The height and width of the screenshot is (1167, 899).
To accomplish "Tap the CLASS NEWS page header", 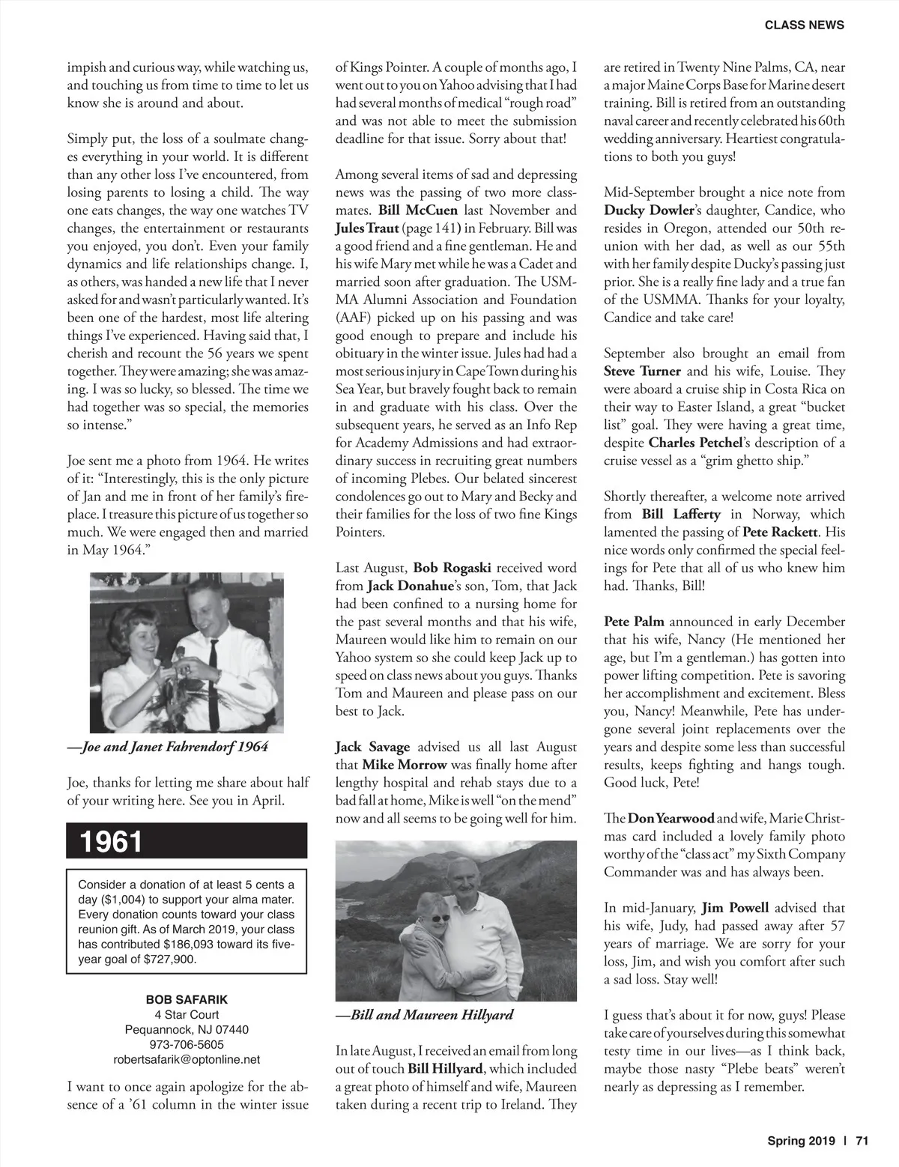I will click(804, 25).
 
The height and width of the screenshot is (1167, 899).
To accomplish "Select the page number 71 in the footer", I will click(862, 1142).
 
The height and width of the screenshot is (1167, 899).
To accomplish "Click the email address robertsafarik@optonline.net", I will click(187, 1059).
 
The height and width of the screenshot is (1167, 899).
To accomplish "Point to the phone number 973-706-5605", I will click(187, 1044).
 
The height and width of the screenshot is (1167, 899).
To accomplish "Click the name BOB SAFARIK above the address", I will click(187, 999).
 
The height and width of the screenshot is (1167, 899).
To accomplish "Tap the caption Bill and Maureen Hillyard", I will click(425, 1015).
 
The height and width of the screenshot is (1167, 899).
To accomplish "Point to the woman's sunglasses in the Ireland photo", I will click(439, 918).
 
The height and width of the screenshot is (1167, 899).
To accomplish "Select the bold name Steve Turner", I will click(642, 371).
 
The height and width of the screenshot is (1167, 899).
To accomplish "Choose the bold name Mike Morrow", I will click(404, 765).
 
